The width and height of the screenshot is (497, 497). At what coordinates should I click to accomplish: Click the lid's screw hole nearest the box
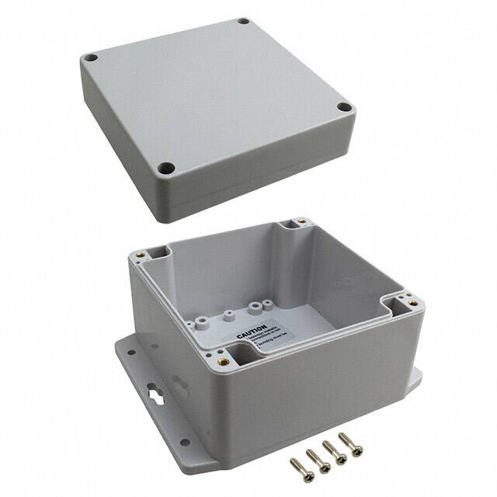pyautogui.click(x=164, y=167)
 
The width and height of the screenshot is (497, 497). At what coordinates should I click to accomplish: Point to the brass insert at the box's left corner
pyautogui.click(x=142, y=255)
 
